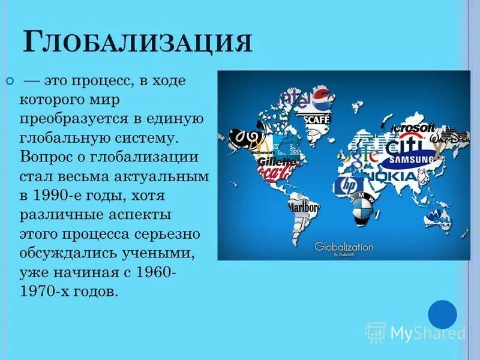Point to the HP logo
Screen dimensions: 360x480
coord(347,185)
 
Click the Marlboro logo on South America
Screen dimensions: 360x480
coord(304,207)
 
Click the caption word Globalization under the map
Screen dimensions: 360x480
coord(344,247)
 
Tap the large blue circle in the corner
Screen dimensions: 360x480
coord(443,314)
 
